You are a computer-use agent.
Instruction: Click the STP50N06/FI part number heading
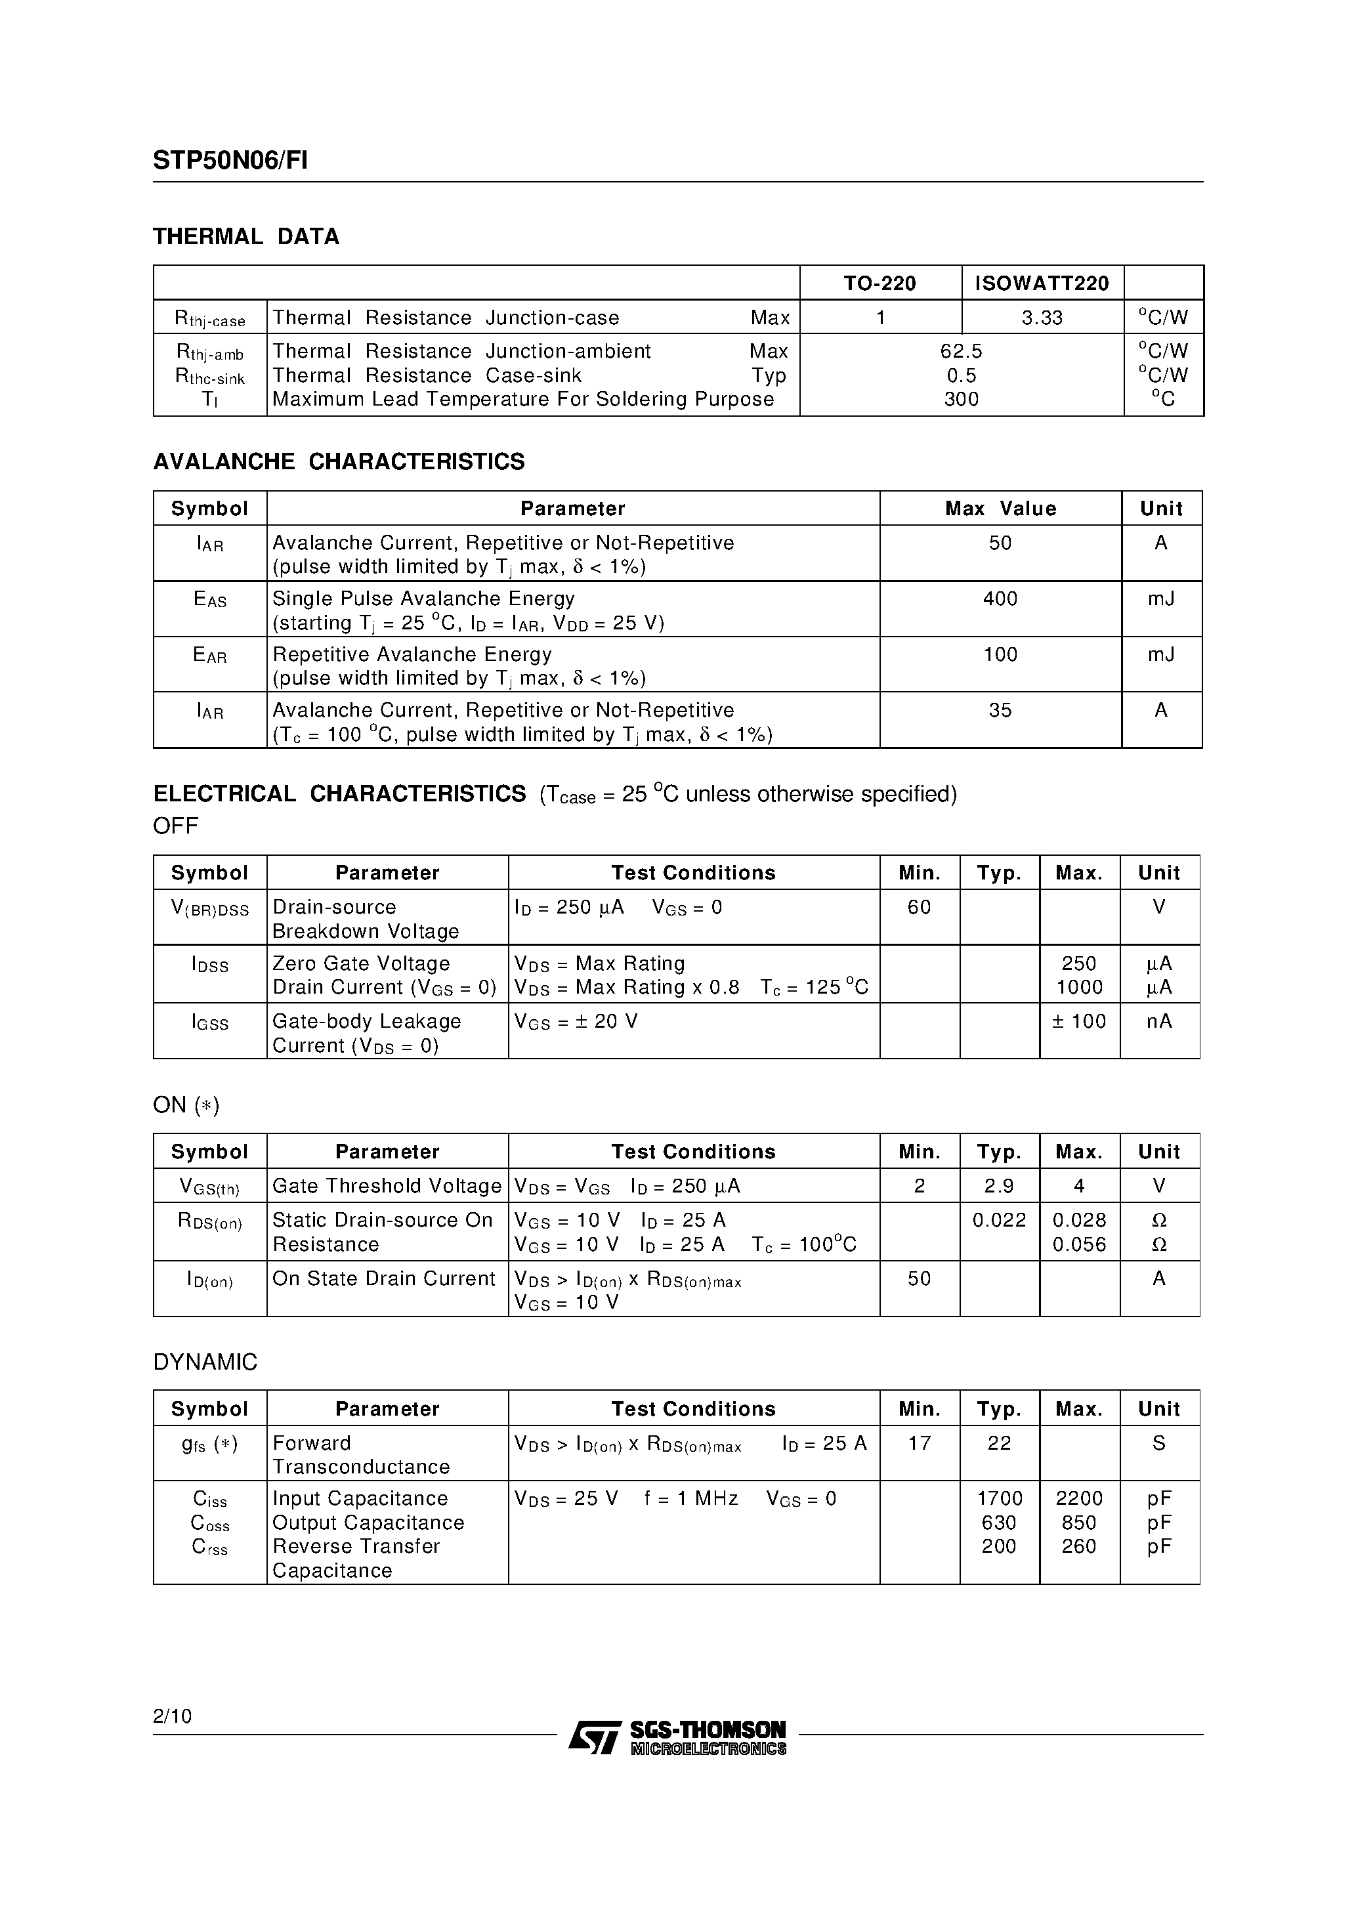click(230, 161)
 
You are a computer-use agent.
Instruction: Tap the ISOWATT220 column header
click(1042, 284)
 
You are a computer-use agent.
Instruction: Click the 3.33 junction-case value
click(1042, 318)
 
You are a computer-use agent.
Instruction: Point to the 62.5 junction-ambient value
click(961, 351)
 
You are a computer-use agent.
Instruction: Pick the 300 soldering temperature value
click(961, 400)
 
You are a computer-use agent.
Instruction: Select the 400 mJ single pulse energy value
click(1000, 599)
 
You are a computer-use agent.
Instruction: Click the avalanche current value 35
click(1000, 710)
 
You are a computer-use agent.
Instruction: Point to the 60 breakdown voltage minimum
click(919, 907)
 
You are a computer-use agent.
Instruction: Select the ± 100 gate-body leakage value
click(1078, 1021)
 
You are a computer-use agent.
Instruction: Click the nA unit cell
click(1158, 1021)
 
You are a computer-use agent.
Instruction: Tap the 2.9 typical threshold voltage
click(999, 1186)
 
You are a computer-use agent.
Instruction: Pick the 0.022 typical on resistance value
click(999, 1220)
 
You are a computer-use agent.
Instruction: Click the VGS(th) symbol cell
click(210, 1187)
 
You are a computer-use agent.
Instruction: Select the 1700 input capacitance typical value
click(999, 1498)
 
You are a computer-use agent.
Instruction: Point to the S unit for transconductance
click(1158, 1443)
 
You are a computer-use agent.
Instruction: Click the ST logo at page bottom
click(595, 1737)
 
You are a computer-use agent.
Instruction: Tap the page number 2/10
click(172, 1716)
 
